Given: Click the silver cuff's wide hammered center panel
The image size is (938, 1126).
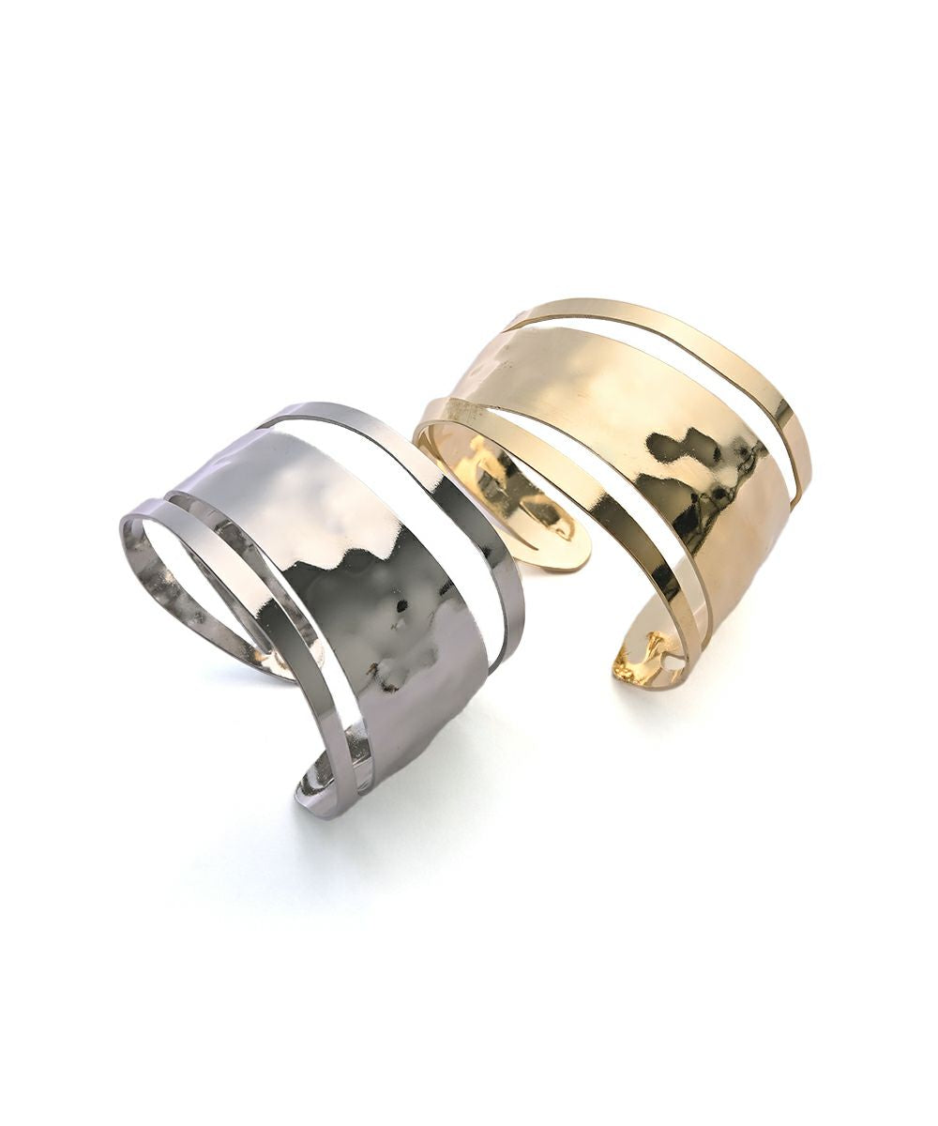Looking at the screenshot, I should pyautogui.click(x=375, y=601).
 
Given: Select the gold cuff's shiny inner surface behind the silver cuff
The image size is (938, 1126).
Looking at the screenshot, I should pyautogui.click(x=497, y=479).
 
